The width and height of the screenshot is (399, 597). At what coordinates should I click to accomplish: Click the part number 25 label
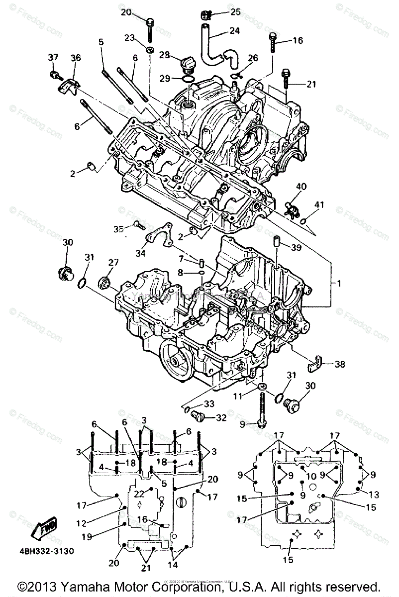tap(234, 11)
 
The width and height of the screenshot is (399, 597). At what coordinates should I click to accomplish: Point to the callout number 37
tap(53, 58)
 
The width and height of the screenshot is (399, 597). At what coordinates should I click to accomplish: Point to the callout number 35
tap(118, 229)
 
